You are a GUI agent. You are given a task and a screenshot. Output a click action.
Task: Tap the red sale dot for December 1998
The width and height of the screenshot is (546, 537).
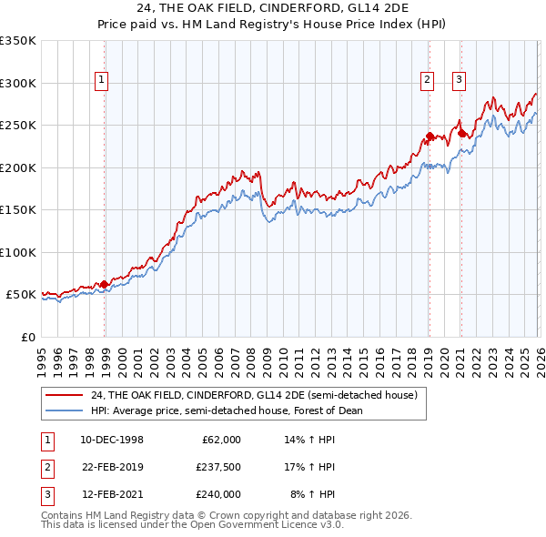tap(105, 284)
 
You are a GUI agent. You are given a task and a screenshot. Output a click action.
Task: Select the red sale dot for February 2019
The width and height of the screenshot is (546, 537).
tap(430, 137)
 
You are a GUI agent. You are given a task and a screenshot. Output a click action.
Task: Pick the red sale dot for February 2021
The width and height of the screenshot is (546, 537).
tap(461, 134)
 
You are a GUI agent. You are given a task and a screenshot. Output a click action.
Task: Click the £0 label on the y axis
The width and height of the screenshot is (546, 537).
tap(26, 337)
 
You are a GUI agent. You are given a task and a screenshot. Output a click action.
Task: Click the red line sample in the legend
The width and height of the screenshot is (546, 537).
tap(66, 395)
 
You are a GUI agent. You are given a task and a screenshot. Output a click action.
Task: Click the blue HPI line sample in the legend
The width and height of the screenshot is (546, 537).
tap(66, 410)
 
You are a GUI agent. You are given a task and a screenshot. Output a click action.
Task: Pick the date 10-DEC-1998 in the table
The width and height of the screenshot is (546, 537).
tap(112, 440)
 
